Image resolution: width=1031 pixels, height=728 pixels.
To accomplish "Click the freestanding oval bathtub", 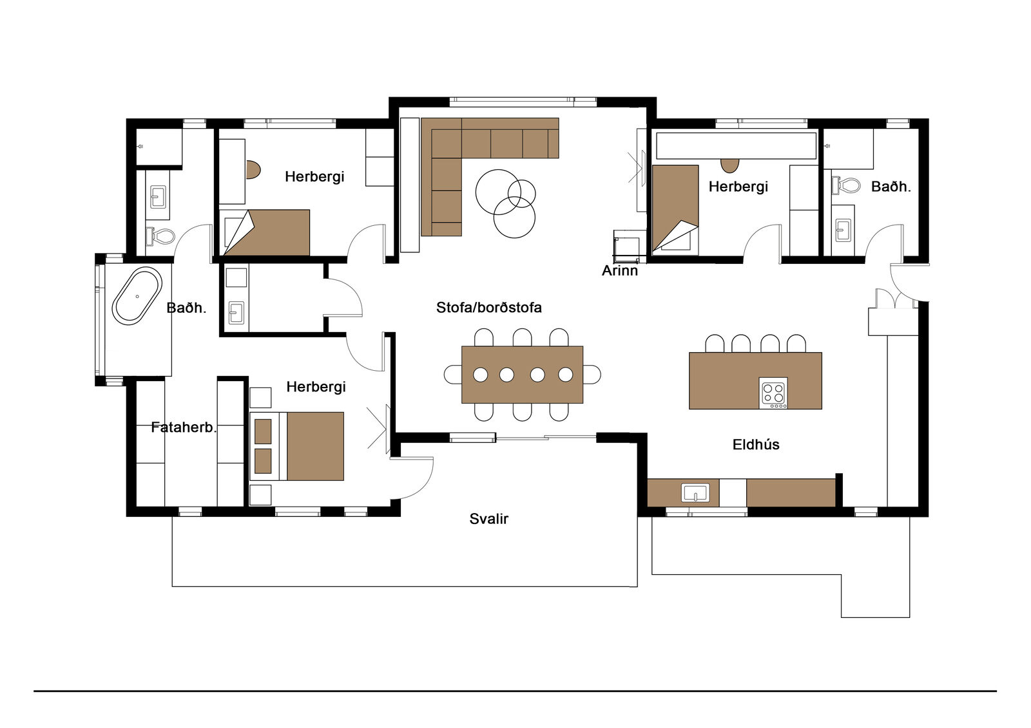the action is point(137,296).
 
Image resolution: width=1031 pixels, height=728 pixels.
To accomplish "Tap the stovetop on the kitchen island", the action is point(774,393).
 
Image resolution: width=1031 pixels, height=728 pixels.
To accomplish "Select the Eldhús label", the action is point(756,444).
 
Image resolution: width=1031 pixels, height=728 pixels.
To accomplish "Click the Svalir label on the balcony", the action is point(489,519).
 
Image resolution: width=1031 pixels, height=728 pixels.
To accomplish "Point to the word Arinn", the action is point(619,270).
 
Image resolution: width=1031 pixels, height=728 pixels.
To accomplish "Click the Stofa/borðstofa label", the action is point(489,307).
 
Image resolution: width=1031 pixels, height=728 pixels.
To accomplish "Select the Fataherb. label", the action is point(184,427).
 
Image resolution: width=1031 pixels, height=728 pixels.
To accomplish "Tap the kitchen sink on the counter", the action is point(695,493).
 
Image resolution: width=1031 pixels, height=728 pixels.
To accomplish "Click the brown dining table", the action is point(523,375).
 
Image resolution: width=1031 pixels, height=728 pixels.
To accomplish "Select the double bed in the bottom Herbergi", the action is point(297,446).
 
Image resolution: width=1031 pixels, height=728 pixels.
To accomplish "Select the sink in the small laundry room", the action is point(236,313).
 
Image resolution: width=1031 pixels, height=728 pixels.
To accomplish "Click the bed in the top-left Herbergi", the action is point(267,232).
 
